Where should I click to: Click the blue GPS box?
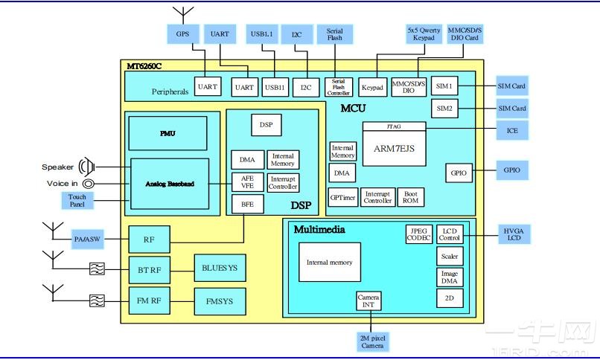(182, 34)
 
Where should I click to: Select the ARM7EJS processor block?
(393, 148)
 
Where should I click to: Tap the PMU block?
(167, 133)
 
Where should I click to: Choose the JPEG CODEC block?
(418, 234)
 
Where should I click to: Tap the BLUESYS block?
(220, 267)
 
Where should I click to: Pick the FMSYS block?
(220, 302)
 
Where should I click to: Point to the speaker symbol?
(88, 167)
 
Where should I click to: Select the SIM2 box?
(444, 109)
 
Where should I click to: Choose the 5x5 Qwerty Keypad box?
(424, 34)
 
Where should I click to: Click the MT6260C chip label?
(144, 66)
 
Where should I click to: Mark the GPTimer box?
(342, 197)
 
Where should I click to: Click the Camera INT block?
(368, 300)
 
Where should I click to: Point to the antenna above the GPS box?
(182, 13)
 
